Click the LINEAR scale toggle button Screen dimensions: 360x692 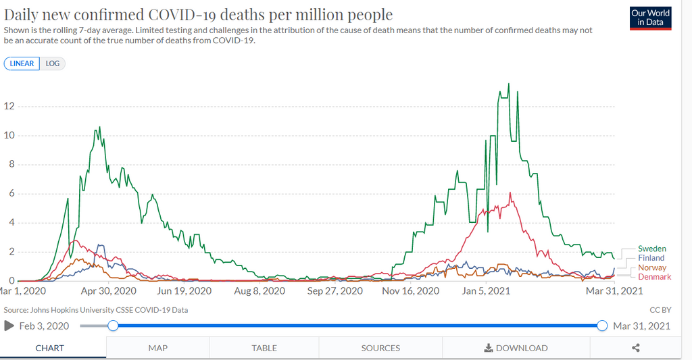(x=22, y=63)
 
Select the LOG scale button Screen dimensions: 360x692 (x=53, y=63)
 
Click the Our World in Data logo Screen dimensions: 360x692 (x=651, y=18)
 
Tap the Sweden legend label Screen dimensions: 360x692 (x=652, y=249)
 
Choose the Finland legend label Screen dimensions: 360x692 (x=651, y=258)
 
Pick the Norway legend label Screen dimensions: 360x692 (x=652, y=268)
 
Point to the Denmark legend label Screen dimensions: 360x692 (x=655, y=277)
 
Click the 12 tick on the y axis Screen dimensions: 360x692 (x=9, y=106)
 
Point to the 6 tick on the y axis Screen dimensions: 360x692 (x=11, y=194)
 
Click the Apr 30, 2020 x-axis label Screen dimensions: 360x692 (x=108, y=291)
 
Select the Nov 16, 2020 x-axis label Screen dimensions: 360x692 (x=410, y=291)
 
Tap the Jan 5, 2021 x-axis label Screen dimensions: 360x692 (x=486, y=291)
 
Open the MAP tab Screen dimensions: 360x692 (x=157, y=348)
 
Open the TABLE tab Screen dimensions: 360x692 (x=264, y=348)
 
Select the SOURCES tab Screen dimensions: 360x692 (x=380, y=348)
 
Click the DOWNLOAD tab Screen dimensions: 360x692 (x=516, y=348)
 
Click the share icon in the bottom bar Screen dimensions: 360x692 (x=635, y=348)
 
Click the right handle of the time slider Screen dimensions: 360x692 (x=602, y=326)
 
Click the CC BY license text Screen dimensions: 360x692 (x=660, y=310)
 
